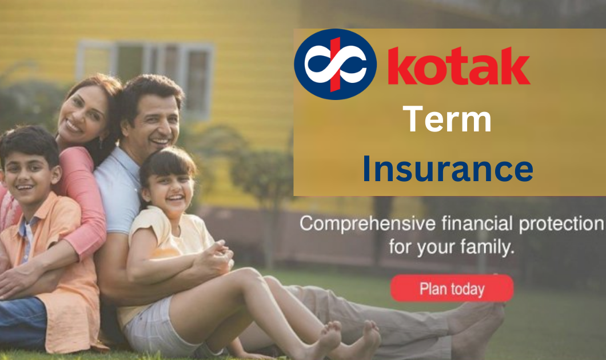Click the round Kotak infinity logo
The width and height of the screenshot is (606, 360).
pyautogui.click(x=335, y=64)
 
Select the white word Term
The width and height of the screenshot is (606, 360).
pyautogui.click(x=447, y=120)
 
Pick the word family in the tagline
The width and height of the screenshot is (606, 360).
pyautogui.click(x=488, y=248)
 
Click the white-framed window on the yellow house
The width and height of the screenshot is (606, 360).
pyautogui.click(x=146, y=69)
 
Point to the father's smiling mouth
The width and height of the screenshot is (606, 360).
pyautogui.click(x=160, y=141)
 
